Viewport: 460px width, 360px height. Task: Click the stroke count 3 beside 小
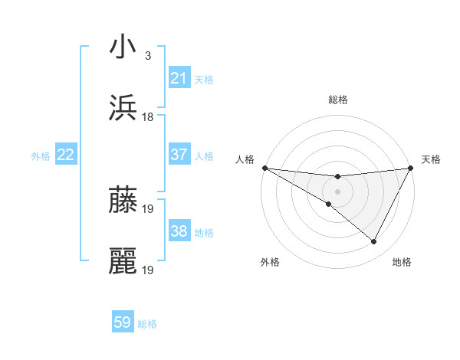click(x=148, y=55)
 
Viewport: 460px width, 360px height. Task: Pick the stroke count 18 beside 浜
click(x=148, y=117)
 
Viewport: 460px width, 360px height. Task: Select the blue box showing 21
click(x=179, y=78)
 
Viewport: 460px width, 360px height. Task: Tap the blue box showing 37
click(x=179, y=155)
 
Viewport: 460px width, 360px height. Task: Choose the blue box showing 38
click(x=179, y=231)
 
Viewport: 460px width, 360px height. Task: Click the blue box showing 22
click(x=66, y=155)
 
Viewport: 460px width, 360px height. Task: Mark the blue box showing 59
click(x=123, y=322)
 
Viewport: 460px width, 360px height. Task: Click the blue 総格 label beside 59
click(x=147, y=324)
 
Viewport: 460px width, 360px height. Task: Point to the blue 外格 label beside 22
click(x=41, y=156)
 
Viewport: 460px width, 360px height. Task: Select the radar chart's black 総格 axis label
click(x=337, y=100)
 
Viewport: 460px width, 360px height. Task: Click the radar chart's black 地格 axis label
click(x=402, y=262)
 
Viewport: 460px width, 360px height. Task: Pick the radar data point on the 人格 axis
click(x=264, y=168)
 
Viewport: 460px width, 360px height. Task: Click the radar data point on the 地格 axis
click(x=374, y=241)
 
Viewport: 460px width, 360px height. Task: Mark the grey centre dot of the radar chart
click(x=337, y=191)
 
